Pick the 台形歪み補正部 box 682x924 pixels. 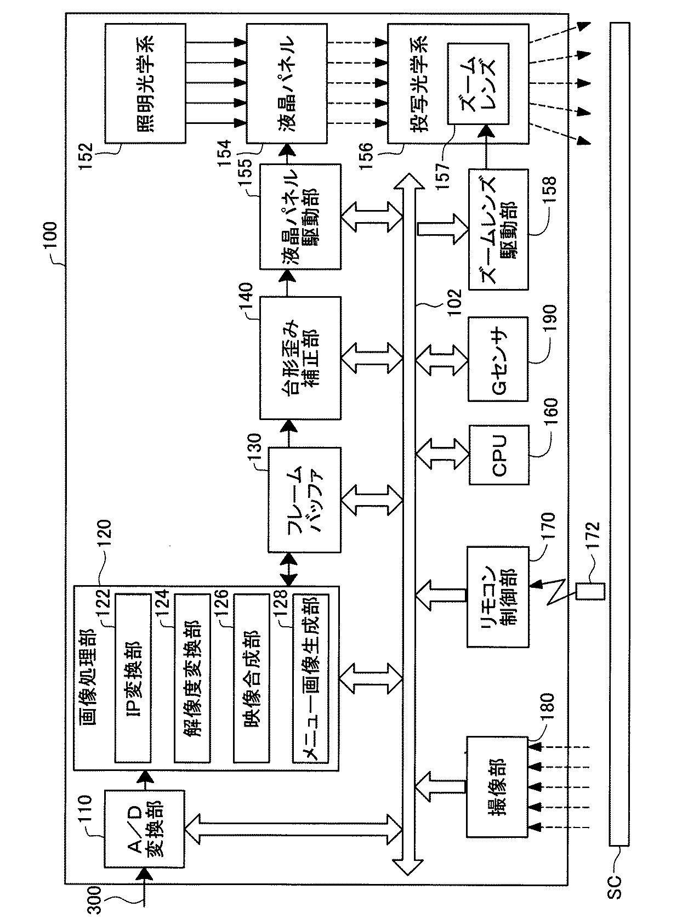click(x=300, y=358)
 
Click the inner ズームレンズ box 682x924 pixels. click(x=479, y=84)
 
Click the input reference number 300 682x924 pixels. click(x=95, y=899)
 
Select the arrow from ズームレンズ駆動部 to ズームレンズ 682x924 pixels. click(x=486, y=148)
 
